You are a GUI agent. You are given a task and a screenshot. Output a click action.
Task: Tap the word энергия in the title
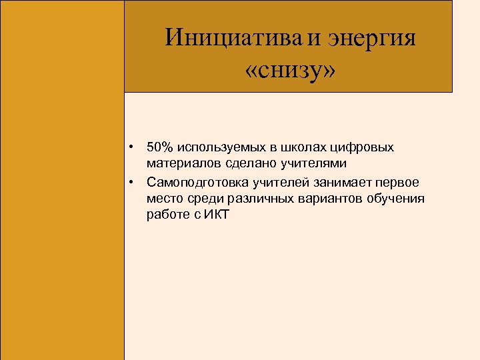371,37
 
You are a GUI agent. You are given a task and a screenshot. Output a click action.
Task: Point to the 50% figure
160,147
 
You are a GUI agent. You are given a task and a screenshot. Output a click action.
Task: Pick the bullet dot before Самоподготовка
133,181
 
